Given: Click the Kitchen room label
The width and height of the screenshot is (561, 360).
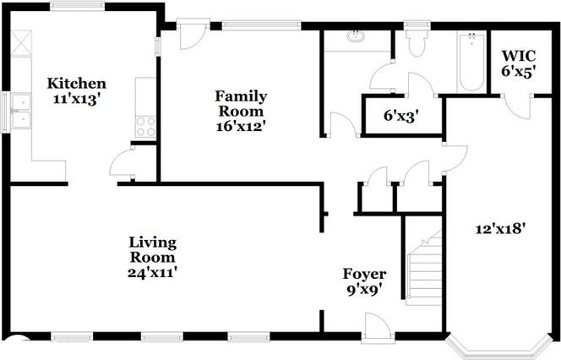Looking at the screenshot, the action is pyautogui.click(x=77, y=84).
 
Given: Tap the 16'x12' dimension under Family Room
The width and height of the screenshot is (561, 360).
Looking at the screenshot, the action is pyautogui.click(x=241, y=126).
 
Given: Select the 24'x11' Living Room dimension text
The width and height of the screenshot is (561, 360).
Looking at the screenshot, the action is pyautogui.click(x=152, y=273).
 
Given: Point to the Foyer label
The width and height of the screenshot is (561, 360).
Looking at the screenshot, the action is pyautogui.click(x=364, y=274).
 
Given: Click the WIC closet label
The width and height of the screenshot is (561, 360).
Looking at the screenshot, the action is pyautogui.click(x=519, y=56).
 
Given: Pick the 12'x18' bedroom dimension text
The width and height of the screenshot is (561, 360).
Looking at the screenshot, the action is pyautogui.click(x=500, y=229).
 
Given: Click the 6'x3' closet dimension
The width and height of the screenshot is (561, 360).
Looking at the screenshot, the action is pyautogui.click(x=401, y=116).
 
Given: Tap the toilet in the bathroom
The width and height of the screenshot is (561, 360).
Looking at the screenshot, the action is pyautogui.click(x=417, y=41).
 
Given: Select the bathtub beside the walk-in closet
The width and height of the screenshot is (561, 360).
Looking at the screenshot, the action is pyautogui.click(x=471, y=62).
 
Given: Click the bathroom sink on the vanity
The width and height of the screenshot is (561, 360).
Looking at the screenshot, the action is pyautogui.click(x=356, y=36).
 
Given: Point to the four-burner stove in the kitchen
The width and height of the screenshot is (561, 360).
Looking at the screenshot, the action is pyautogui.click(x=146, y=127).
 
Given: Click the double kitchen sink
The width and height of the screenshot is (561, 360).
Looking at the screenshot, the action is pyautogui.click(x=21, y=111).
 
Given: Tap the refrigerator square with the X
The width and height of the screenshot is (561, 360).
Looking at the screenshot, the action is pyautogui.click(x=21, y=43).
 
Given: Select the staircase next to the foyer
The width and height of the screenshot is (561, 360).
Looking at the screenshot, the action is pyautogui.click(x=424, y=268).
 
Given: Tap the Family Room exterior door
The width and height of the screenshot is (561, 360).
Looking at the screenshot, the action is pyautogui.click(x=193, y=35).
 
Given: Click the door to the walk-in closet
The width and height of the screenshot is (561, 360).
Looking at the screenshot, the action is pyautogui.click(x=517, y=106).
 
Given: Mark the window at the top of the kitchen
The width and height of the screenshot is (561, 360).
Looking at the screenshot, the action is pyautogui.click(x=77, y=6).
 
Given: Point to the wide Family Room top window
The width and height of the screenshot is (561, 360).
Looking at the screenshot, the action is pyautogui.click(x=262, y=25).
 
